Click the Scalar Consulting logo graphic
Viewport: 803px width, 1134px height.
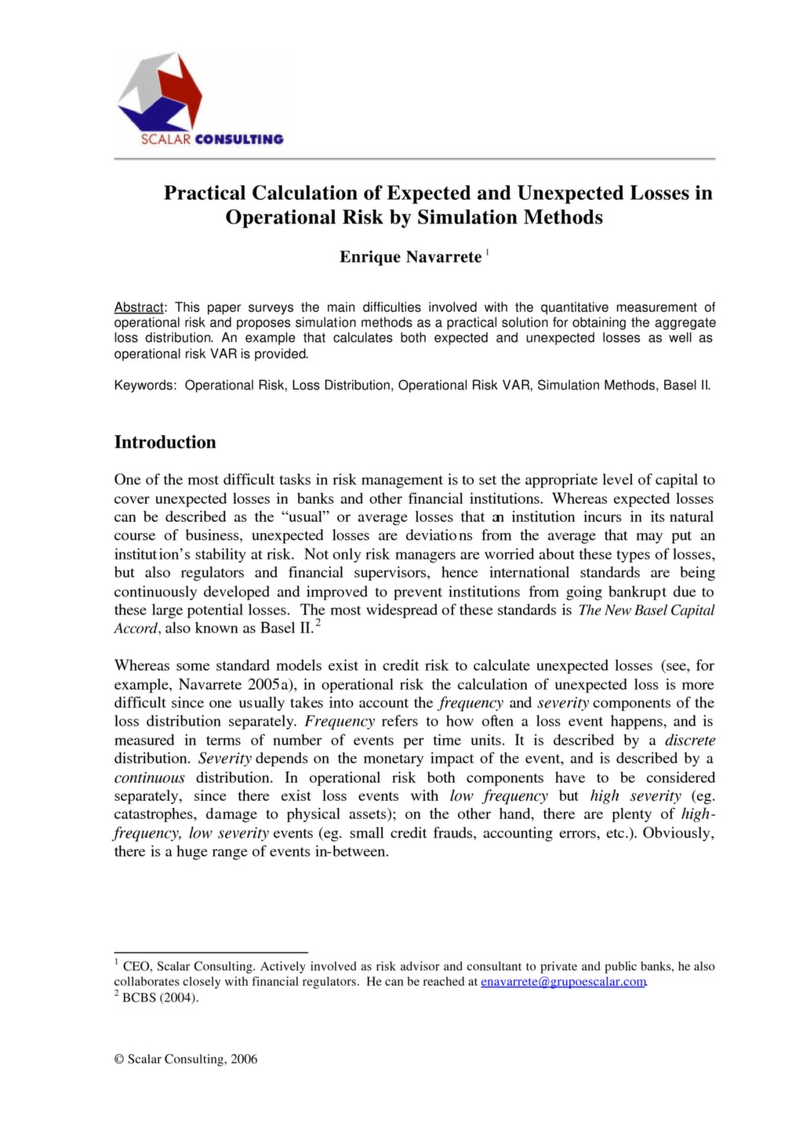pos(159,92)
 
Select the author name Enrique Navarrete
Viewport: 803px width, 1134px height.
pos(410,257)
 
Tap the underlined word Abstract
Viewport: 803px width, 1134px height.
pos(139,307)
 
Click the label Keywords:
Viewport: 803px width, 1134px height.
pos(146,386)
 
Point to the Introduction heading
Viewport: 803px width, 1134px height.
pos(165,442)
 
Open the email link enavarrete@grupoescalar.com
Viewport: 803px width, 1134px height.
pos(563,981)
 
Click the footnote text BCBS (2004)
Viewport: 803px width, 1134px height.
pos(161,998)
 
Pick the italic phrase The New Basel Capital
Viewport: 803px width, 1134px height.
pos(646,610)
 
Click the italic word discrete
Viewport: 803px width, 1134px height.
pos(689,740)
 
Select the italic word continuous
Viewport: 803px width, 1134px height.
pos(150,777)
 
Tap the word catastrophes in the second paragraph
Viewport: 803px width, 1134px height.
pos(155,814)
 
